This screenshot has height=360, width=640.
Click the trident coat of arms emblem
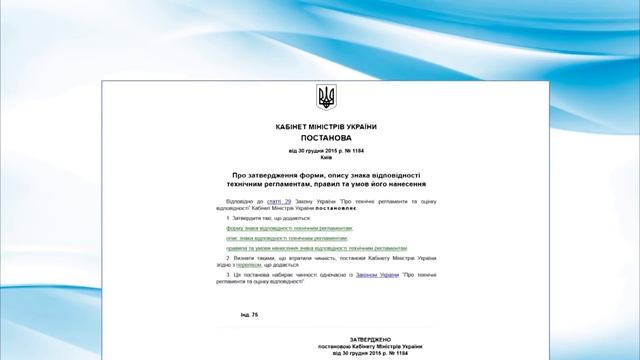tap(326, 97)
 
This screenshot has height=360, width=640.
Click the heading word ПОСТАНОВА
tap(326, 138)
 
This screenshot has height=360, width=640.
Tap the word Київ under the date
tap(326, 157)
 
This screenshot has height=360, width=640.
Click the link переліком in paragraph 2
tap(248, 264)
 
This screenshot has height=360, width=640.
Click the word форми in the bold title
tap(324, 174)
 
